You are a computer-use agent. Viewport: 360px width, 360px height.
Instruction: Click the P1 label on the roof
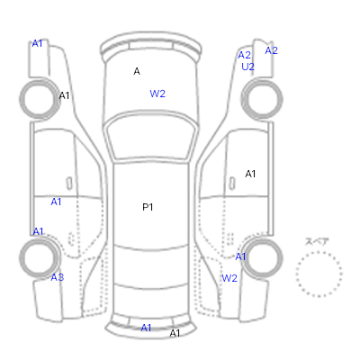(x=148, y=207)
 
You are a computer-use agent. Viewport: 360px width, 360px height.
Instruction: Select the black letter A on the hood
(x=137, y=71)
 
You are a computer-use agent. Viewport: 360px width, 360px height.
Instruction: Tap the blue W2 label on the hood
(x=157, y=94)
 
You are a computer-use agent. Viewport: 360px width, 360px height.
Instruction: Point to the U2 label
(x=247, y=67)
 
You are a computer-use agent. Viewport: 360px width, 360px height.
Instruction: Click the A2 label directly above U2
(x=244, y=55)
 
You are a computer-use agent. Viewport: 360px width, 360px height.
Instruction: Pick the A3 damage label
(x=58, y=277)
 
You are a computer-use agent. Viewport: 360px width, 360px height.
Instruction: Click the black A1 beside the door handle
(x=250, y=174)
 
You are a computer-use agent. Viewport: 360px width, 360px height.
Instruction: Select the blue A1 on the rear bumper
(x=146, y=328)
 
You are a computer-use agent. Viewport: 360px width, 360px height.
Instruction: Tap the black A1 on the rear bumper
(x=175, y=333)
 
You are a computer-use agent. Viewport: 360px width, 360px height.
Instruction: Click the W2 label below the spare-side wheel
(x=229, y=278)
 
